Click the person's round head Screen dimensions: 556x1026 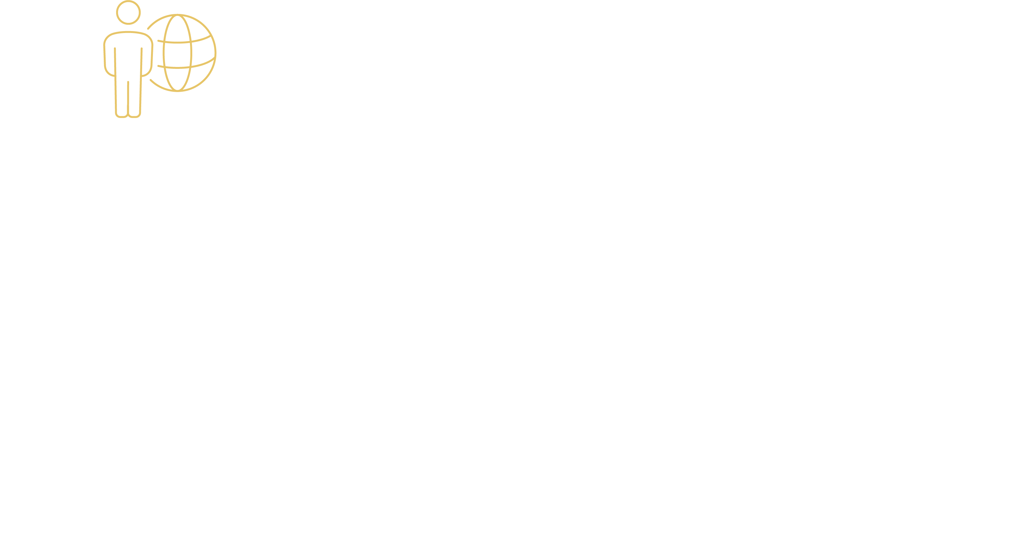coord(128,12)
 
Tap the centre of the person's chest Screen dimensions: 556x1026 coord(128,52)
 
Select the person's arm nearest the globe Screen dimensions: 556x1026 coord(147,60)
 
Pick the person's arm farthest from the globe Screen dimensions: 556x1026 coord(109,60)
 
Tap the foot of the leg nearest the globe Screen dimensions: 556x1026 coord(135,115)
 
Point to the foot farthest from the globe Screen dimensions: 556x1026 coord(122,115)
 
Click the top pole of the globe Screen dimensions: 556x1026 coord(178,15)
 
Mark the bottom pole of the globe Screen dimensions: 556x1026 coord(178,91)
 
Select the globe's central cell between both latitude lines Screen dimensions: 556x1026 coord(178,55)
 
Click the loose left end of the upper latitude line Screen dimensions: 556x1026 coord(159,41)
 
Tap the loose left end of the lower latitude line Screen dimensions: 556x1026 coord(159,66)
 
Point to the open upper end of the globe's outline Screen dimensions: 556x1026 coord(148,29)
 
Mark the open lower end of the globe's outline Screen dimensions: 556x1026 coord(151,80)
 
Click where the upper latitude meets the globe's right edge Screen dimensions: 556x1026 coord(211,36)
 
